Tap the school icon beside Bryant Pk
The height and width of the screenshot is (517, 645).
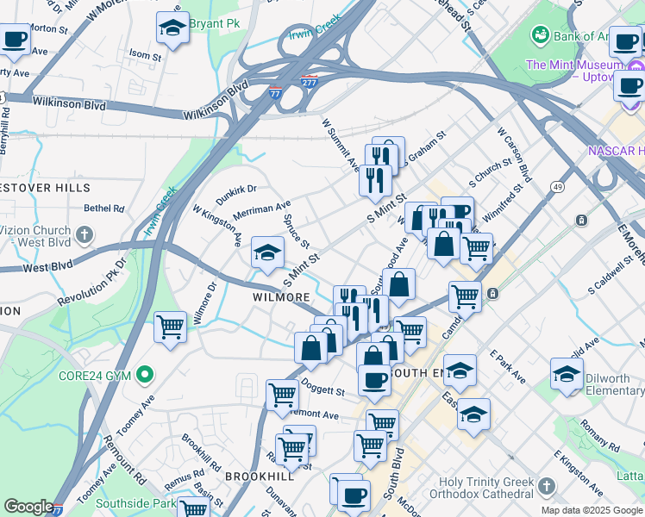pyautogui.click(x=172, y=28)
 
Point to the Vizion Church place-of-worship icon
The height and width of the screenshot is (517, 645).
pyautogui.click(x=84, y=234)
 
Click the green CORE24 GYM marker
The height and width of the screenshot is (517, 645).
pyautogui.click(x=145, y=375)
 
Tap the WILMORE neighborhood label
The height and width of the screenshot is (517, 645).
pyautogui.click(x=280, y=297)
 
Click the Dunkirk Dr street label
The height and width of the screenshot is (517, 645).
pyautogui.click(x=235, y=194)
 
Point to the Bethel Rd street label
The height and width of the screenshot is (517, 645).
pyautogui.click(x=104, y=209)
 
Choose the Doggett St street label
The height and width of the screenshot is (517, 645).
pyautogui.click(x=322, y=390)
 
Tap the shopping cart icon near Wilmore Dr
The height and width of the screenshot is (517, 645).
pyautogui.click(x=171, y=327)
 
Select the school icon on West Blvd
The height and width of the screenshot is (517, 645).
pyautogui.click(x=267, y=253)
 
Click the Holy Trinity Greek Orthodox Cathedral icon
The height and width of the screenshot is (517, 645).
pyautogui.click(x=546, y=489)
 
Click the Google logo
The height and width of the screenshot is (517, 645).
pyautogui.click(x=28, y=507)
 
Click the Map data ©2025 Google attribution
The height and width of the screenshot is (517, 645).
pyautogui.click(x=591, y=510)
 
